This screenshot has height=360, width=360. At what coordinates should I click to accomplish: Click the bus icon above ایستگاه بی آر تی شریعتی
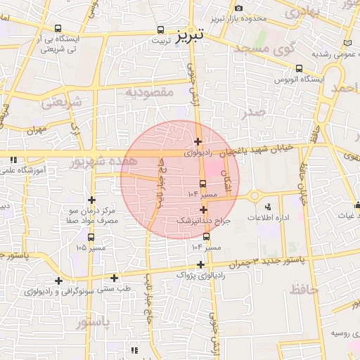coord(58,29)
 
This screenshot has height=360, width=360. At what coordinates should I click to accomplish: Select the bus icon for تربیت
coord(161,30)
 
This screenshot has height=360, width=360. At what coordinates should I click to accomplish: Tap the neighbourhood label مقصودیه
coord(148,92)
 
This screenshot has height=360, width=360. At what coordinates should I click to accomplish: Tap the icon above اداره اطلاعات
coord(267,207)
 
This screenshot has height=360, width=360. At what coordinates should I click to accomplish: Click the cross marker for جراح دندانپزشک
coord(203,210)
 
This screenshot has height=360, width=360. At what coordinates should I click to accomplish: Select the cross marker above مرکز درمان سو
coord(91,200)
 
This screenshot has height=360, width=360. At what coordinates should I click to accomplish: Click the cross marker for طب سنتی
coord(114,277)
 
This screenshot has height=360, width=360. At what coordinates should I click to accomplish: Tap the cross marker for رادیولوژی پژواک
coord(201,265)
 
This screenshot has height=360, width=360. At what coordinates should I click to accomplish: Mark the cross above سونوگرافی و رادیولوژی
coord(58,281)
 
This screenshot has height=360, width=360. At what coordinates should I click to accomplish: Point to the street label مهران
coord(37,131)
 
